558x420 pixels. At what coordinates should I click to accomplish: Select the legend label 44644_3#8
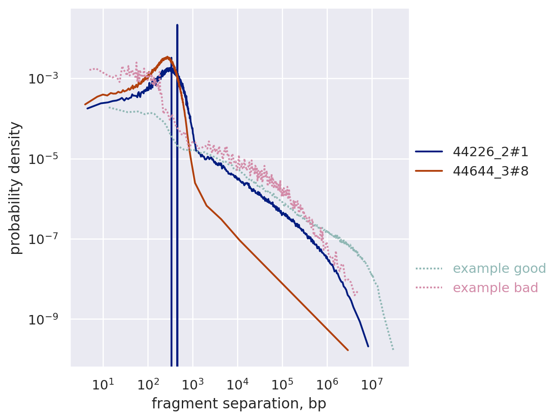tap(490, 171)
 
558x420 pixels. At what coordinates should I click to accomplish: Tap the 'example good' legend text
tap(499, 269)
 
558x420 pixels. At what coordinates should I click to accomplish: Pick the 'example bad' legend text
tap(496, 288)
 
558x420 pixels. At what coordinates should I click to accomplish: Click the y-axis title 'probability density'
tap(16, 188)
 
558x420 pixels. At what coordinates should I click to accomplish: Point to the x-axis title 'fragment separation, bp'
tap(239, 404)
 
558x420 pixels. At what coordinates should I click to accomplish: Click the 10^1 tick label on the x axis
tap(103, 383)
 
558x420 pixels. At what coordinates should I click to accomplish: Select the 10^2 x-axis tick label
tap(147, 383)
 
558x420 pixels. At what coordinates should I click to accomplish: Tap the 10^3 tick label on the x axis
tap(193, 383)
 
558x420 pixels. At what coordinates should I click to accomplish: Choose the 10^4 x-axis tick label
tap(237, 383)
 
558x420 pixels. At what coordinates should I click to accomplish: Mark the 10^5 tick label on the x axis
tap(282, 383)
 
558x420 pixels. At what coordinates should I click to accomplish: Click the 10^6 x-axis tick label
tap(327, 383)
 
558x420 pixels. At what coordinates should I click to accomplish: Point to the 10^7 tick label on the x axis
tap(372, 383)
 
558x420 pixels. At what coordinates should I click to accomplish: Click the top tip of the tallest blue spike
tap(177, 25)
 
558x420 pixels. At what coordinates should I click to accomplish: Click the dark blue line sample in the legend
tap(429, 151)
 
